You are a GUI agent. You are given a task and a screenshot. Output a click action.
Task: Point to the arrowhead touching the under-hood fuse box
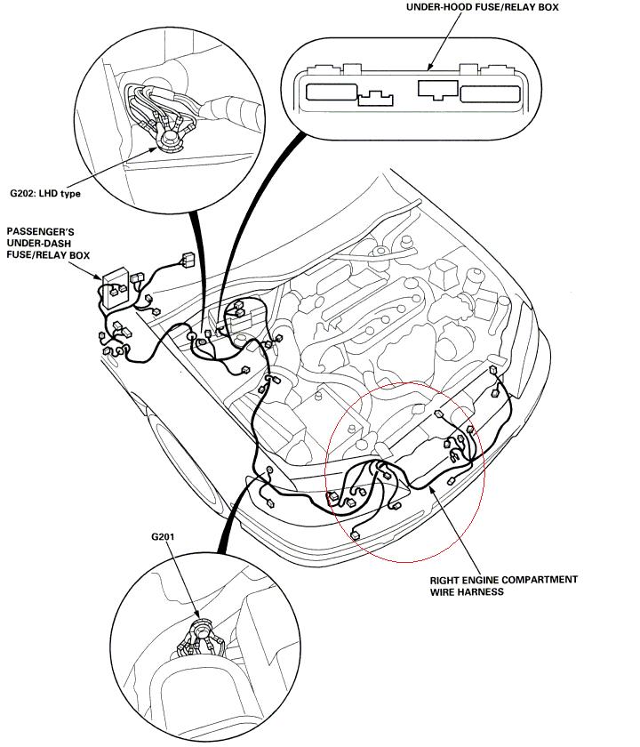[x=430, y=67]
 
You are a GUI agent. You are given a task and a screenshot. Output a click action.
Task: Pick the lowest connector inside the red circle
[x=355, y=534]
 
